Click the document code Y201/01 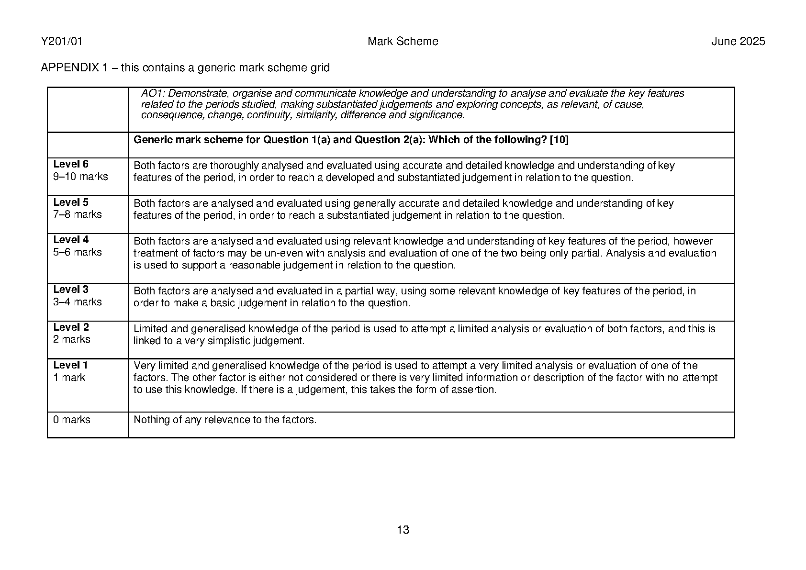[x=62, y=42]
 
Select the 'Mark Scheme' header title [x=403, y=42]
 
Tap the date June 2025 [x=738, y=42]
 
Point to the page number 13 [x=403, y=530]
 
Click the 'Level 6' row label [x=71, y=164]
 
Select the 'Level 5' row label [x=71, y=202]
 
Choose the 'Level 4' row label [x=71, y=240]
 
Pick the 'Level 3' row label [x=71, y=290]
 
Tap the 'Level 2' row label [x=71, y=327]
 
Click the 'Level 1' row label [x=70, y=365]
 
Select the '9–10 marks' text [x=80, y=177]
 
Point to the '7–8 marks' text [x=78, y=214]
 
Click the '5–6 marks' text [x=78, y=252]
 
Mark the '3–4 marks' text [x=78, y=302]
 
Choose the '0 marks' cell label [x=72, y=420]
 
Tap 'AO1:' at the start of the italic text [x=151, y=94]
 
